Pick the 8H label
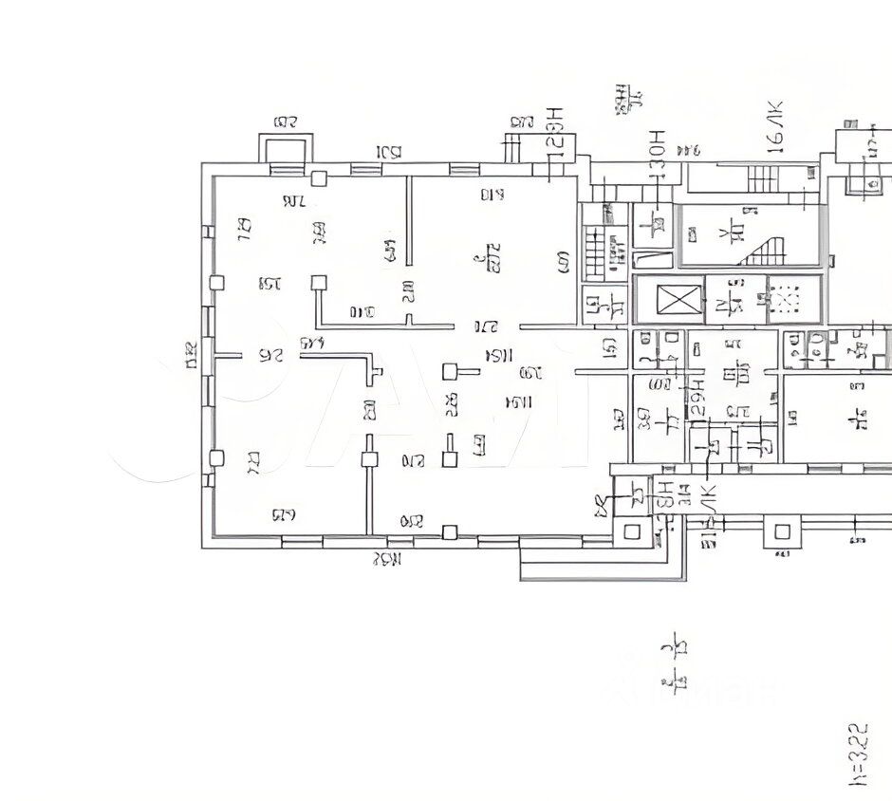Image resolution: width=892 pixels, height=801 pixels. pyautogui.click(x=665, y=494)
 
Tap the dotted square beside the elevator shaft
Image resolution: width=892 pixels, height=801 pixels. pyautogui.click(x=786, y=301)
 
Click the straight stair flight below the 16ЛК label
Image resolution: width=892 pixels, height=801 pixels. pyautogui.click(x=763, y=177)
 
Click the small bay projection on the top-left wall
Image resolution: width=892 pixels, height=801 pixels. pyautogui.click(x=285, y=150)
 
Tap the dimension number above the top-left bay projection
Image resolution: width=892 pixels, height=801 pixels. pyautogui.click(x=285, y=121)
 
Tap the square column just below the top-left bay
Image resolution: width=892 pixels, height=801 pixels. pyautogui.click(x=320, y=177)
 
